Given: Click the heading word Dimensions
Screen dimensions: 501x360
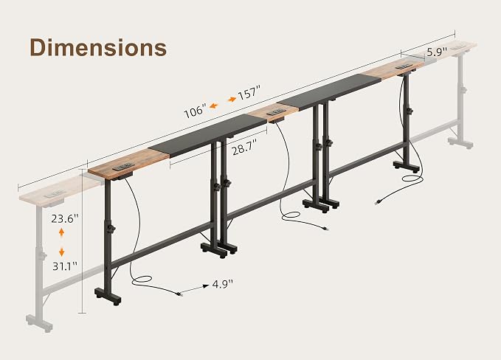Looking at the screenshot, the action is point(98,48).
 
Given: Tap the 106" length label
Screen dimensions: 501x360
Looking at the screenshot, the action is point(194,111).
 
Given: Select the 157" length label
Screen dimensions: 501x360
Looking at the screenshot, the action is point(249,92).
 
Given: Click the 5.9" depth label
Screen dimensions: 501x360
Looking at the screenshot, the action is point(437,51).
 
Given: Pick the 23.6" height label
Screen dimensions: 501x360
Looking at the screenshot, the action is point(65,219).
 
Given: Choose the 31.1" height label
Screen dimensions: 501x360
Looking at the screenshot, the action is point(65,266).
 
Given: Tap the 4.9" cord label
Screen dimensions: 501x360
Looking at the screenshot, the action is point(223,284).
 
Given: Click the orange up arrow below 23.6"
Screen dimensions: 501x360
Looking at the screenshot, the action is point(62,232).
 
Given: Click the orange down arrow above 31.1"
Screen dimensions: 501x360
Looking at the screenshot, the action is point(62,252).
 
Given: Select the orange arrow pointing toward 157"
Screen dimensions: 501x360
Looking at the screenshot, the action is point(232,100).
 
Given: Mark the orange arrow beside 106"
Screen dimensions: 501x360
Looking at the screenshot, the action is point(214,105).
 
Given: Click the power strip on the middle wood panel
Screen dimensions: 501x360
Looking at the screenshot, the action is point(277,112).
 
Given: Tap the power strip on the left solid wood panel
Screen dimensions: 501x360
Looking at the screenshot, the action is point(122,167).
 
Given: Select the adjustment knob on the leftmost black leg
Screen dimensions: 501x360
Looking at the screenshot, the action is point(111,229).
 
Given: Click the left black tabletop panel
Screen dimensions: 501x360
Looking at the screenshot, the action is point(207,135).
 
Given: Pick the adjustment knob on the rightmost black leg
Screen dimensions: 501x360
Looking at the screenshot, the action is point(410,111).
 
